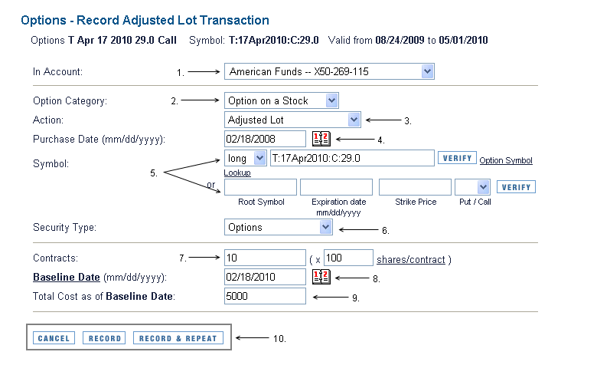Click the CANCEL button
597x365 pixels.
54,338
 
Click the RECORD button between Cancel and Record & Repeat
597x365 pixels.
104,338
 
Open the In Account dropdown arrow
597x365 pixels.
428,71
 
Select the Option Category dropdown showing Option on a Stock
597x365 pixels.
282,100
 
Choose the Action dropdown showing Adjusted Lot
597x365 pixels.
292,120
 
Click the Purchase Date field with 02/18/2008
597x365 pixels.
265,139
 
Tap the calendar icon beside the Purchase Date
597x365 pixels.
321,139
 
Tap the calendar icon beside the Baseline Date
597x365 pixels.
321,277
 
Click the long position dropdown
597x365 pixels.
246,158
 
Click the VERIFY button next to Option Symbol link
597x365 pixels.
457,158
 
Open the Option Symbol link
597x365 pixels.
506,160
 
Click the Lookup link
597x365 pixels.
237,173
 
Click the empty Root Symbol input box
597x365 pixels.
260,187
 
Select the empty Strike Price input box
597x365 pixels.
415,187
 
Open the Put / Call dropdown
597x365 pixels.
472,187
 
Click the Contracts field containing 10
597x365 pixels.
265,258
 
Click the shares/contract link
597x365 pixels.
411,260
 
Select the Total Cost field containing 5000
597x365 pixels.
265,296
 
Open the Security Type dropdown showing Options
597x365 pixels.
279,227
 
